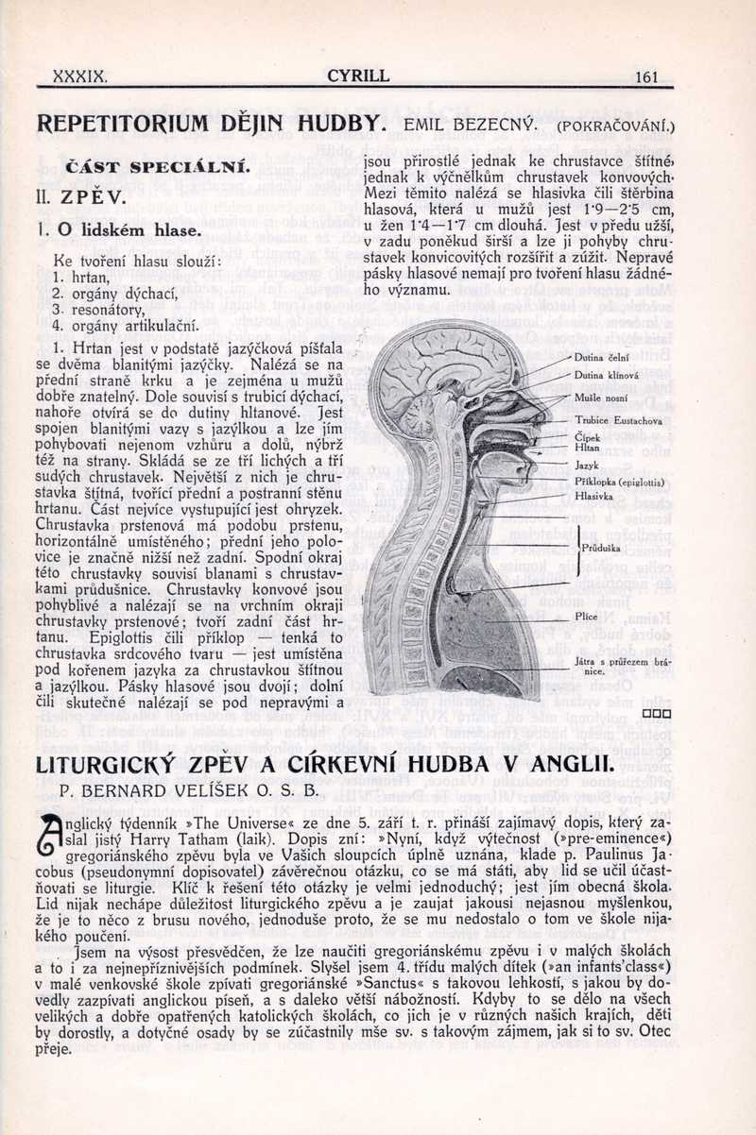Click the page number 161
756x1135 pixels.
click(x=647, y=77)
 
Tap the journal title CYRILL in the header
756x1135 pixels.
click(x=358, y=76)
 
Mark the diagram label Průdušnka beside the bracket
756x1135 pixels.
click(x=601, y=546)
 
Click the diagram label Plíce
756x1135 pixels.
click(x=586, y=617)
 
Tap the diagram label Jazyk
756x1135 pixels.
click(x=587, y=466)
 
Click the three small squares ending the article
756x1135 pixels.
click(x=656, y=713)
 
